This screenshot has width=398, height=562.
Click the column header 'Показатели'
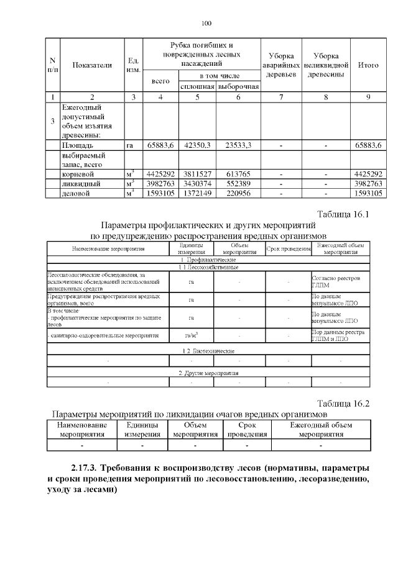(92, 65)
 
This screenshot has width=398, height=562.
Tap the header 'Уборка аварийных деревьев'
(280, 65)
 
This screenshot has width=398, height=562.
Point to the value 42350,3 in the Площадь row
(198, 145)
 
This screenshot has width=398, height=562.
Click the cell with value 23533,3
(238, 145)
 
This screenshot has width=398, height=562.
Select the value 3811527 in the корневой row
(198, 174)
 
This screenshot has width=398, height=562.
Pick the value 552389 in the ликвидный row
(238, 184)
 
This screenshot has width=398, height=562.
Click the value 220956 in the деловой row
(238, 194)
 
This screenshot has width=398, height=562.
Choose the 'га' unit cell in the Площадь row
(130, 145)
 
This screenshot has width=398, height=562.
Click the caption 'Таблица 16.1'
(343, 214)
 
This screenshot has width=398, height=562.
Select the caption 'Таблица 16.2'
(343, 403)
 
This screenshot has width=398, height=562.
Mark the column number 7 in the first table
(280, 97)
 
